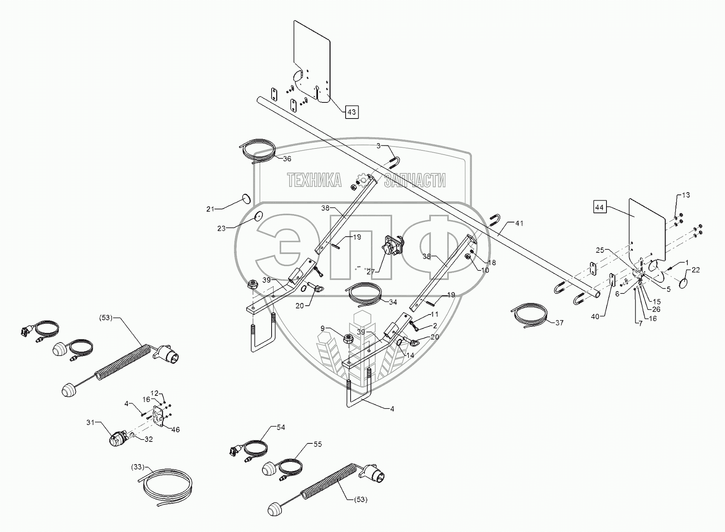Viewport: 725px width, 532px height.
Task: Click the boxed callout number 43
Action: pyautogui.click(x=351, y=112)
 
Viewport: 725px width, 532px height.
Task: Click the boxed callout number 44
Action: pyautogui.click(x=599, y=208)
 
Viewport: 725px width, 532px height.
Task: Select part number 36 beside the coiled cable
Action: pyautogui.click(x=287, y=159)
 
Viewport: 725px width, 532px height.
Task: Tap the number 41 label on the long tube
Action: pyautogui.click(x=519, y=223)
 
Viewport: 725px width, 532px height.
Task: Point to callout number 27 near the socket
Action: pyautogui.click(x=370, y=272)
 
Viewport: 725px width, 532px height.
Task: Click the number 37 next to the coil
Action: pyautogui.click(x=559, y=323)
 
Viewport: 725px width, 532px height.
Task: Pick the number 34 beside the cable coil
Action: pyautogui.click(x=392, y=302)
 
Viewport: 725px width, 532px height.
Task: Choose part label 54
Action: pyautogui.click(x=281, y=427)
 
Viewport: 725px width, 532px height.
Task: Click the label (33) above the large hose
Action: pyautogui.click(x=137, y=467)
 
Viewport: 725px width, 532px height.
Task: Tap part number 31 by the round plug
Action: pyautogui.click(x=91, y=422)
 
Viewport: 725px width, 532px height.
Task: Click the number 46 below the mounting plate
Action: pyautogui.click(x=175, y=430)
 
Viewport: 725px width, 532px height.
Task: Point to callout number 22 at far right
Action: pyautogui.click(x=695, y=270)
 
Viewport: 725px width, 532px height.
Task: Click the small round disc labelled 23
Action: pyautogui.click(x=258, y=216)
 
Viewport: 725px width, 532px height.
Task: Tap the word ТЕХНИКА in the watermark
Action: pyautogui.click(x=314, y=180)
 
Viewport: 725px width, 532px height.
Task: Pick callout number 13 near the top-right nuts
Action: pyautogui.click(x=685, y=195)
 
